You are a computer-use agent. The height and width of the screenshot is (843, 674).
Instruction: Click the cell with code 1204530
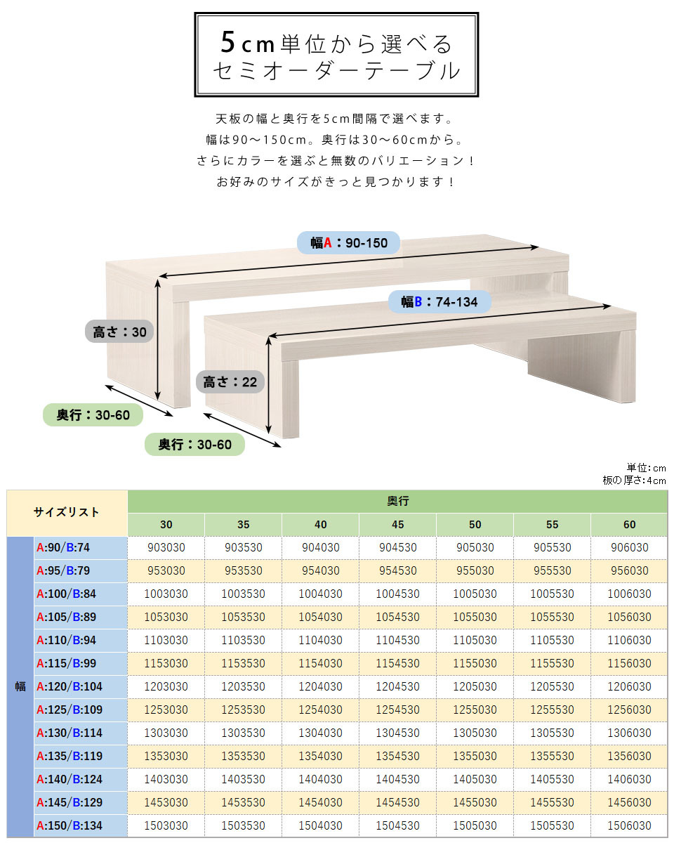[x=397, y=686]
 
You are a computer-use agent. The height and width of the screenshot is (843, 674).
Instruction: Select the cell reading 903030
[x=166, y=547]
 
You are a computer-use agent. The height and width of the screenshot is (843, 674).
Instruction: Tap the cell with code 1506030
[x=629, y=825]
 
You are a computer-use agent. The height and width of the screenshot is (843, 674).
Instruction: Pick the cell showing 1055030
[x=475, y=617]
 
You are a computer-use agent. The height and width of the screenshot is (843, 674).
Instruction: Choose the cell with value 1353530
[x=243, y=756]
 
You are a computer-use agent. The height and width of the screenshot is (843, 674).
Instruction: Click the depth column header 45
[x=397, y=525]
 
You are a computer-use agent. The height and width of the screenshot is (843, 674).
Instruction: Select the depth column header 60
[x=629, y=525]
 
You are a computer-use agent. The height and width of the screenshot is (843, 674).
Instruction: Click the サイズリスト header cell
[x=67, y=512]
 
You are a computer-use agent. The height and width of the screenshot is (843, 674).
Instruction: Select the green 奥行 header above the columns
[x=397, y=501]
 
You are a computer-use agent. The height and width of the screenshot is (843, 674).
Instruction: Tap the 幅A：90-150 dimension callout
[x=348, y=243]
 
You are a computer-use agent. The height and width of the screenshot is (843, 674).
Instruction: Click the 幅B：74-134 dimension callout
[x=440, y=301]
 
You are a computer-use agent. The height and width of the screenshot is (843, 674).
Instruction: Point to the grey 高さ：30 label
[x=119, y=332]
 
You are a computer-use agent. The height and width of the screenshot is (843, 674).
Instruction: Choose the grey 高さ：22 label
[x=230, y=381]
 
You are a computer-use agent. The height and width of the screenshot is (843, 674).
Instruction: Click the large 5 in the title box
[x=227, y=42]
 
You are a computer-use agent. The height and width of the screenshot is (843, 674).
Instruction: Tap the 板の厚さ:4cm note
[x=634, y=481]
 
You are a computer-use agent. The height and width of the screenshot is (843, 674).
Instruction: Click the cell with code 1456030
[x=629, y=802]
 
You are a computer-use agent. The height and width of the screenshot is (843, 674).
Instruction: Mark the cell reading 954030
[x=320, y=570]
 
